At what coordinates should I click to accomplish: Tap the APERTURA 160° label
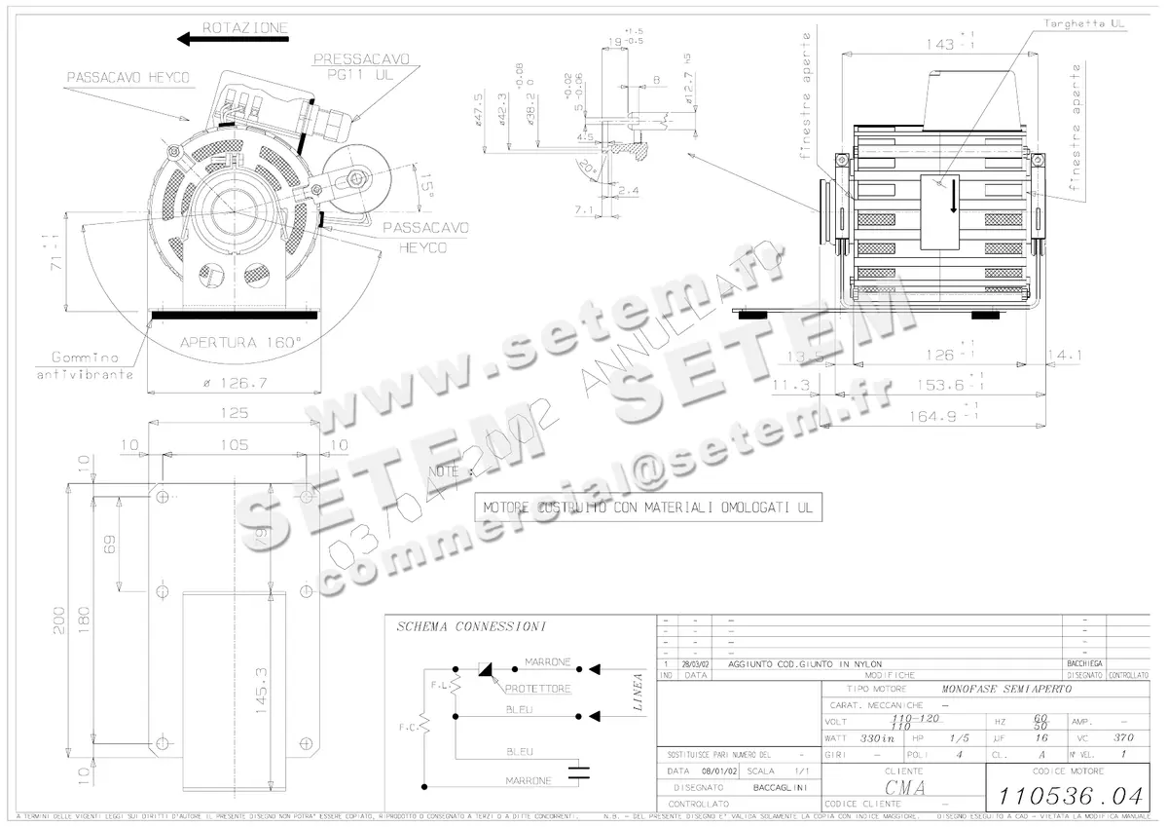click(240, 342)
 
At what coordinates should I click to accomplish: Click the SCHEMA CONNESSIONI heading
click(471, 626)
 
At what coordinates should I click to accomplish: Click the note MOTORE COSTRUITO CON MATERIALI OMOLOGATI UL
click(646, 507)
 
